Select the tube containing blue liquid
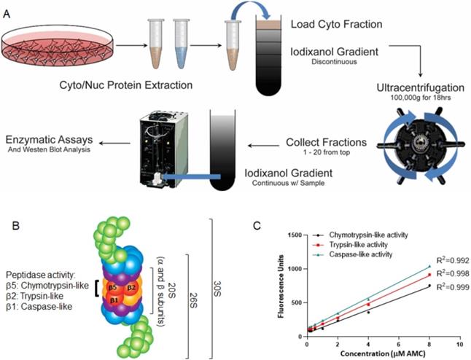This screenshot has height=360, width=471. click(x=182, y=44)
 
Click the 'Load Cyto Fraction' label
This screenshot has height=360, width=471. click(x=336, y=24)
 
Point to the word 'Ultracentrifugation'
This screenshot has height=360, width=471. click(x=421, y=87)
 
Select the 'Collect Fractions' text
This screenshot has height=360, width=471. click(x=326, y=142)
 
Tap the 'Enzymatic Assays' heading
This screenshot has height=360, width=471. click(x=50, y=140)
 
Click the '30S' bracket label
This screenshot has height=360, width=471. click(x=217, y=289)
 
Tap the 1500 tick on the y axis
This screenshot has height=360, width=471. click(x=295, y=235)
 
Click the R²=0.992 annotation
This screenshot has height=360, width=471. click(x=453, y=261)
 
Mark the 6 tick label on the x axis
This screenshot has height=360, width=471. click(x=399, y=344)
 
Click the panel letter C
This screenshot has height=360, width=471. click(x=257, y=226)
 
